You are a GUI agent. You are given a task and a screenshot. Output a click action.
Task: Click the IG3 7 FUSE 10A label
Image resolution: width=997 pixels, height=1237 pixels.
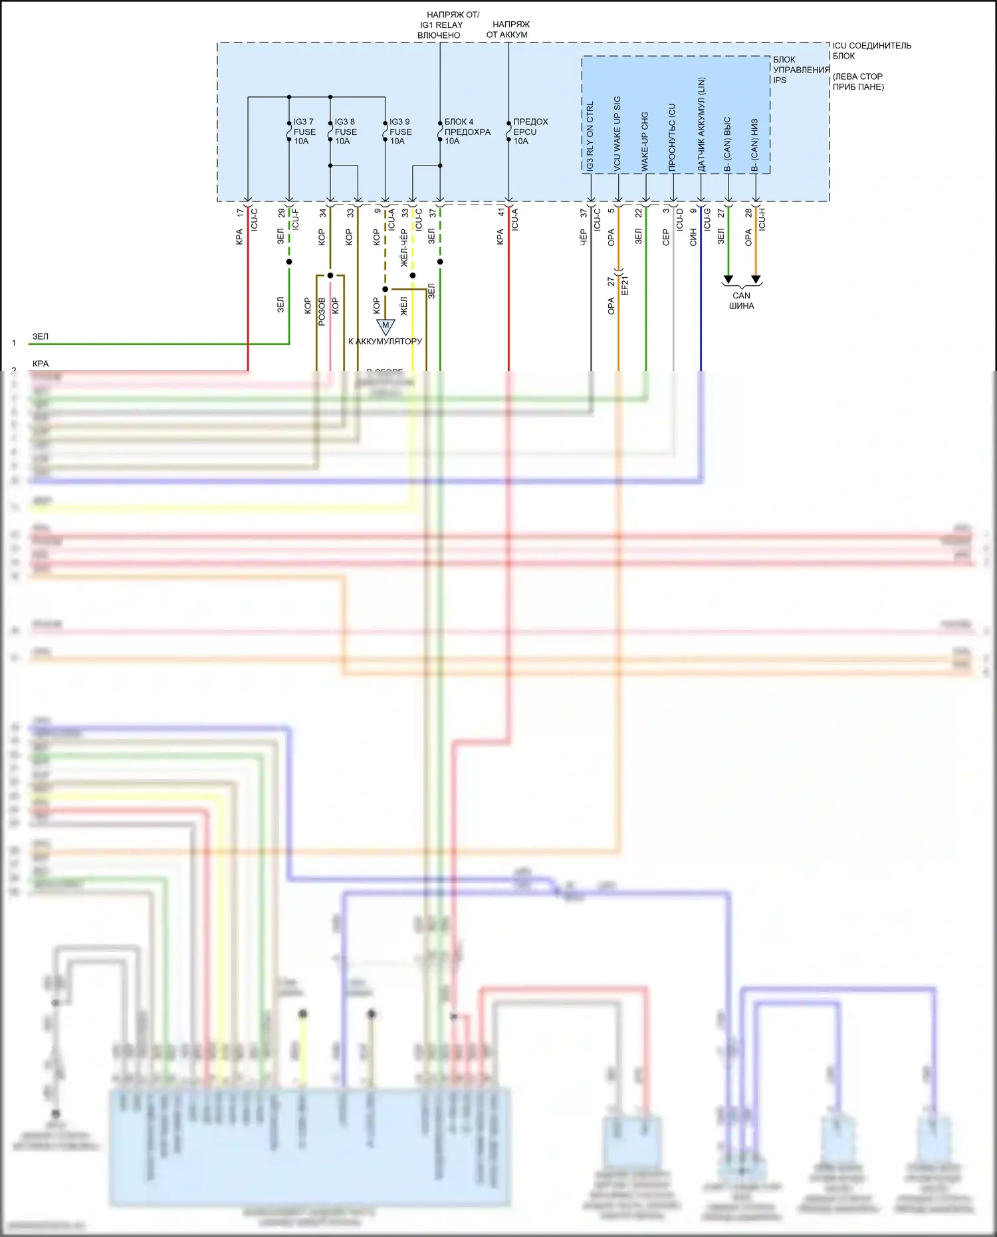(304, 132)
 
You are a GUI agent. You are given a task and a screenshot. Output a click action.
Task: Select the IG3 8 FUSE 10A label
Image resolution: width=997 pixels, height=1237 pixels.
(345, 132)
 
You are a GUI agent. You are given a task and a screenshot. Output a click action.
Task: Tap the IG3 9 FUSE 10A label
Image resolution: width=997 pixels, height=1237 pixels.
(399, 132)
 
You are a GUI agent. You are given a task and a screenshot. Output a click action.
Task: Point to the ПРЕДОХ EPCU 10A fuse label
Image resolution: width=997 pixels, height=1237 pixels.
(530, 132)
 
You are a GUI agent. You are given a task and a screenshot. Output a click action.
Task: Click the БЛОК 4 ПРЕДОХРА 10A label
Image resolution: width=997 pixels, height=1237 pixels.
(467, 132)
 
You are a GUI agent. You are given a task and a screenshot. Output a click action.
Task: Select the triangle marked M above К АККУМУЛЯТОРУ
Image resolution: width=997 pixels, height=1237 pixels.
(386, 326)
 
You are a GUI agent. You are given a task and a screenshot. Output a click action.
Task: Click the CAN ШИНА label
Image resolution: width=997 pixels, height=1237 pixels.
(741, 300)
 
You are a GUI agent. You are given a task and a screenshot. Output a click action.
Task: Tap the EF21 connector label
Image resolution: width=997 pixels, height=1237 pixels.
(625, 285)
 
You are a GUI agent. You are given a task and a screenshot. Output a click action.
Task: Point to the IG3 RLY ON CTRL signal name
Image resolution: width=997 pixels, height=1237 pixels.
(590, 136)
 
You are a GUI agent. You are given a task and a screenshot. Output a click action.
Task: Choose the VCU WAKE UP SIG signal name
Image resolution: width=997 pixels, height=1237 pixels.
(617, 134)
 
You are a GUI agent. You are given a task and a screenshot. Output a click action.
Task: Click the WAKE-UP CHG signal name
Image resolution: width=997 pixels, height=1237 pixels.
(645, 141)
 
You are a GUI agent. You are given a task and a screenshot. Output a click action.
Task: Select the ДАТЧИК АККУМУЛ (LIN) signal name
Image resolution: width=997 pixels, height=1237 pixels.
(701, 124)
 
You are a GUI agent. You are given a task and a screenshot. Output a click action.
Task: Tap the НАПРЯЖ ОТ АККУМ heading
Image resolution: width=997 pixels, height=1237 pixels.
(508, 29)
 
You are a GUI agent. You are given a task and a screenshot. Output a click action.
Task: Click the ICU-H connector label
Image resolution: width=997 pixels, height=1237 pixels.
(762, 219)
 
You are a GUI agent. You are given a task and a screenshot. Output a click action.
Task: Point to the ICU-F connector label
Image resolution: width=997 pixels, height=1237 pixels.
(296, 219)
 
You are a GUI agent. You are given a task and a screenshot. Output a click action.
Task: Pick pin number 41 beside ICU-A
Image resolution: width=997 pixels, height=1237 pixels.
(501, 213)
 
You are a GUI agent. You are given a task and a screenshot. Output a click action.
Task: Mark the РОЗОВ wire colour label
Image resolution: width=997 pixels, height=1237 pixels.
(322, 310)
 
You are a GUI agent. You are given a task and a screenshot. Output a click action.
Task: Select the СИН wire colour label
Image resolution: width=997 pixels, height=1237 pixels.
(693, 237)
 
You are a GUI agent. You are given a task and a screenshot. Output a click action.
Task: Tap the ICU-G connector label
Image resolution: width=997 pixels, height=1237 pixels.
(707, 219)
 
